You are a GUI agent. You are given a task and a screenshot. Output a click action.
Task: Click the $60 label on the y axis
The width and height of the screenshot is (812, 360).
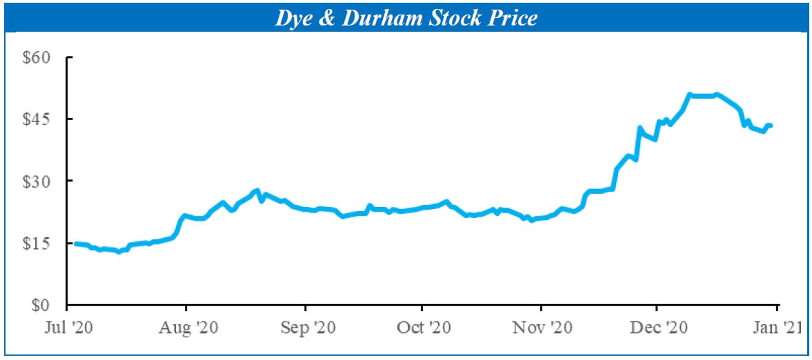pyautogui.click(x=37, y=57)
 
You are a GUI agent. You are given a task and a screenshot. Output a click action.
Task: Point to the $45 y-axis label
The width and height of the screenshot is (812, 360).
pyautogui.click(x=37, y=119)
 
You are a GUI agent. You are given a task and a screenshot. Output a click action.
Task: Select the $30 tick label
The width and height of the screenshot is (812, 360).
pyautogui.click(x=37, y=181)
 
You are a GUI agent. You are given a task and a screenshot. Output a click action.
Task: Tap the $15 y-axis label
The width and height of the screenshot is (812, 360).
pyautogui.click(x=37, y=243)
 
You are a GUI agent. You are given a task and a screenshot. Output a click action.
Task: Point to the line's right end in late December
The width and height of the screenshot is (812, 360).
pyautogui.click(x=771, y=126)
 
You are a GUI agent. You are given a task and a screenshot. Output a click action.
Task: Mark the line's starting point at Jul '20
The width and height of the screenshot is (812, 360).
pyautogui.click(x=75, y=243)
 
